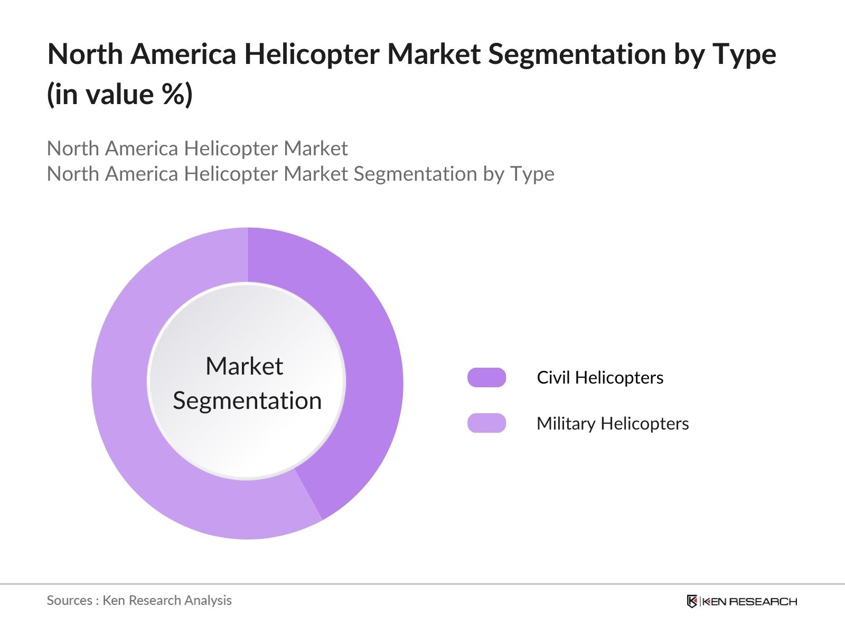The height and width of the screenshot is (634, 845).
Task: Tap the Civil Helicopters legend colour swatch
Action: (x=486, y=378)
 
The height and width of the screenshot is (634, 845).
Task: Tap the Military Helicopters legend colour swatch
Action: (x=486, y=423)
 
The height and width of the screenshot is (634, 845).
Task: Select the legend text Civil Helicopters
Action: (x=600, y=378)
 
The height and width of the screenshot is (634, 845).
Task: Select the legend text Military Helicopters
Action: (x=613, y=424)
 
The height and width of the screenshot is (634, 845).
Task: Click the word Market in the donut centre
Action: (x=244, y=366)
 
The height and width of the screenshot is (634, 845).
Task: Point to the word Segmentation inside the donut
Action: (x=247, y=400)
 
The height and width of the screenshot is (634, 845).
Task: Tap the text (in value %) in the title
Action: (x=120, y=95)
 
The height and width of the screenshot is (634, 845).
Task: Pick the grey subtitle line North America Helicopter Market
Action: (x=197, y=148)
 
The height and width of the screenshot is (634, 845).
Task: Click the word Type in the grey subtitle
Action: (x=532, y=174)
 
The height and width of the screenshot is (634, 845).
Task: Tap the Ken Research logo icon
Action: (x=692, y=601)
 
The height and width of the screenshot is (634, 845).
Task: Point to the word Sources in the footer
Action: (x=70, y=601)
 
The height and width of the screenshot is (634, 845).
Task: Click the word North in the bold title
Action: (x=85, y=54)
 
